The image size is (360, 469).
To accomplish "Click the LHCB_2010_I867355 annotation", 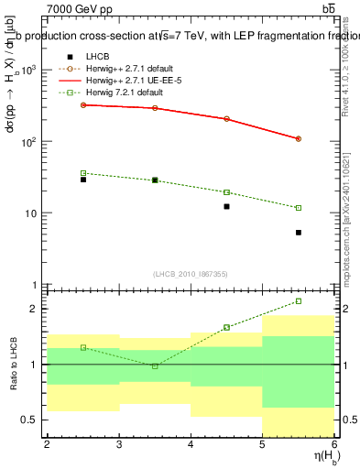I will point(191,274).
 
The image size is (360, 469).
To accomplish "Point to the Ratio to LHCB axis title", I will point(13,364).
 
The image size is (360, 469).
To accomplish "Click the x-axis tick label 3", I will point(119,444).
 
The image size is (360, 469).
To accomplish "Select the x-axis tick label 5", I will point(263,444).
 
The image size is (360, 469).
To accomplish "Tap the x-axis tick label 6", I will point(334,444).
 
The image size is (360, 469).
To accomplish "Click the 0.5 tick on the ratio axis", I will point(30,420).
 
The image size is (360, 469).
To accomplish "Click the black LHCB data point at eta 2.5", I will point(83,180).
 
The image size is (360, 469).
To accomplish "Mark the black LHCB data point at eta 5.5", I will point(299,233).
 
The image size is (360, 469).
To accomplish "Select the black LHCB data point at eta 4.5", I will point(226,207).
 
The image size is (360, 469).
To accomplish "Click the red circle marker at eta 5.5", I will point(299,139).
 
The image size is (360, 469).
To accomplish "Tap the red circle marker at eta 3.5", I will point(155,108).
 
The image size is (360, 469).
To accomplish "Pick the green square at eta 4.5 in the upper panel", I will point(226,192).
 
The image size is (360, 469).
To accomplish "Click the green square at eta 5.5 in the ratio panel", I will point(299,301).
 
